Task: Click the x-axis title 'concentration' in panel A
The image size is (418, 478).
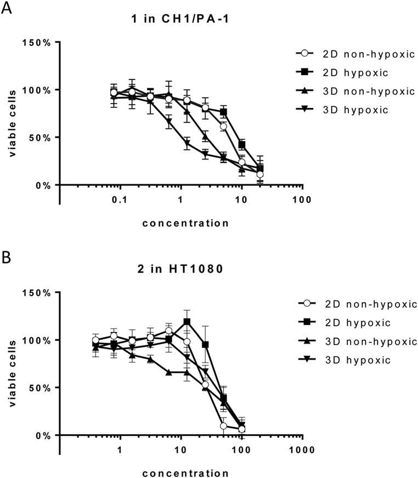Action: tap(185, 223)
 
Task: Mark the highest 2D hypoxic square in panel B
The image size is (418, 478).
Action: tap(187, 322)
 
